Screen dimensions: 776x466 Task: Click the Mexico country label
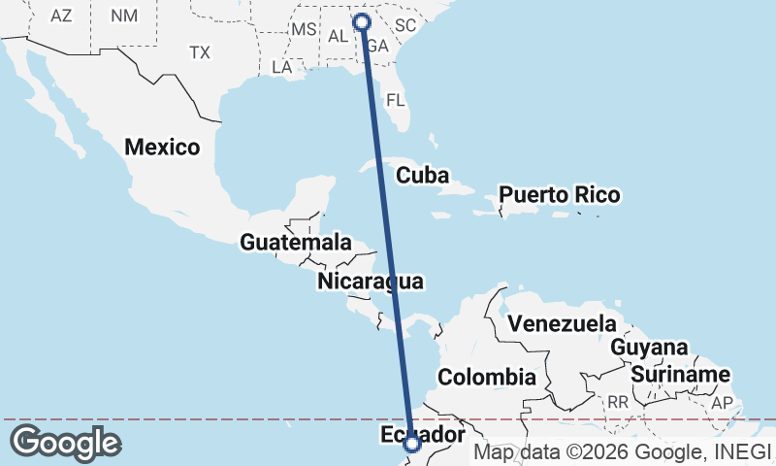pos(162,148)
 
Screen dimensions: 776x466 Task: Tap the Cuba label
pos(422,176)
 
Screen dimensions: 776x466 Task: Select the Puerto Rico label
pos(559,195)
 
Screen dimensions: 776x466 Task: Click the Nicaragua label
pos(371,283)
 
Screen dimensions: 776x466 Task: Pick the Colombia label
pos(487,377)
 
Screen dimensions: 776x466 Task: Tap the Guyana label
pos(649,348)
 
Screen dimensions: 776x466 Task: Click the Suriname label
pos(680,375)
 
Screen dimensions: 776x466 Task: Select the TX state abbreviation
pos(200,51)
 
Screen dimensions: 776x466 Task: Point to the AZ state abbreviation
pos(61,16)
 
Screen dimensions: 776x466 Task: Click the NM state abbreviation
pos(124,16)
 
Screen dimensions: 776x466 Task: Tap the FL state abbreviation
pos(395,100)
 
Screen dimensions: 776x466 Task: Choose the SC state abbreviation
pos(404,24)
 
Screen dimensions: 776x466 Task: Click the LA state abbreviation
pos(282,68)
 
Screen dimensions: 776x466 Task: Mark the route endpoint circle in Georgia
pos(363,21)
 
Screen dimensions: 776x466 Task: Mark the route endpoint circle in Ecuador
pos(412,444)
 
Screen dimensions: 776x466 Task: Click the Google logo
pos(66,443)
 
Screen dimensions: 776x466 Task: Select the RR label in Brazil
pos(618,402)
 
